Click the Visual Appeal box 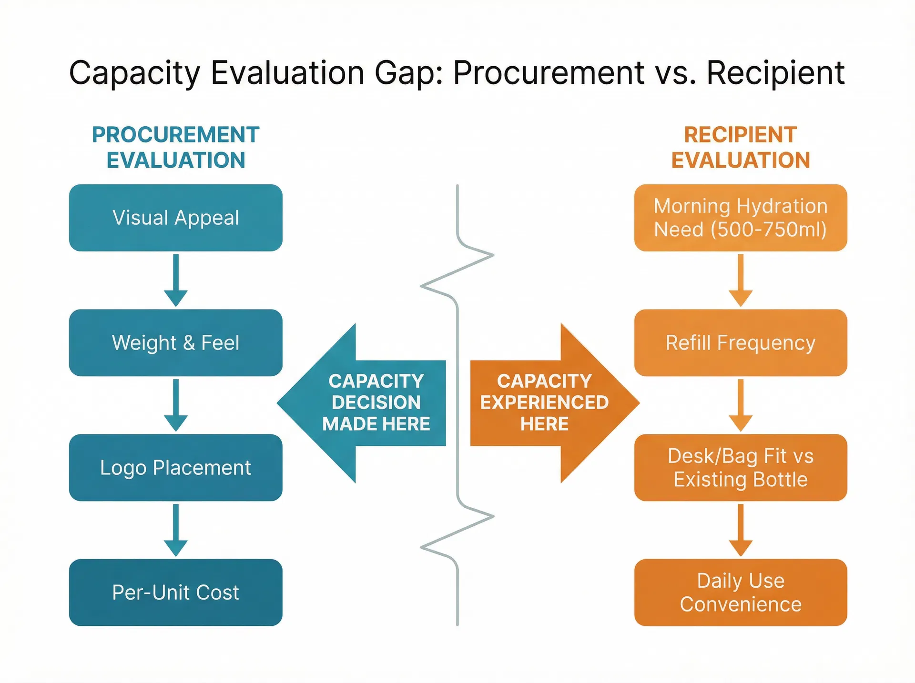click(x=175, y=218)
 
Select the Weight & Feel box click(x=175, y=342)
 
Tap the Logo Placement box click(x=175, y=467)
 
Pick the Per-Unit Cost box click(x=175, y=592)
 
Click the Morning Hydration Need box click(x=740, y=218)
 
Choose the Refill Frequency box click(x=740, y=342)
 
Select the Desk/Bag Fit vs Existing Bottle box click(x=740, y=467)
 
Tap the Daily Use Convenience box click(x=740, y=592)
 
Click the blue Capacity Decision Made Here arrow click(x=362, y=403)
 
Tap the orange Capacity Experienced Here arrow click(x=553, y=403)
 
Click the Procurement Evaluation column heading click(x=175, y=147)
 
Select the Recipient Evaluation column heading click(x=740, y=147)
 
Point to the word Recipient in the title click(x=775, y=73)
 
